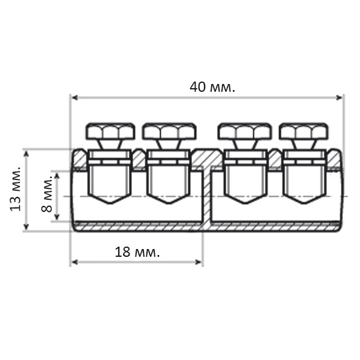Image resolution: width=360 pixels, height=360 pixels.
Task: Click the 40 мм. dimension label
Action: [x=212, y=87]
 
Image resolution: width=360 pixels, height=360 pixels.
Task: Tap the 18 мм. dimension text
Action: [x=137, y=252]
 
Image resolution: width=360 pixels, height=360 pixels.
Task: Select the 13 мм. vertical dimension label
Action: [x=16, y=189]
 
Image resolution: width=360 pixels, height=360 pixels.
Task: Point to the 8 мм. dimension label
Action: [x=47, y=194]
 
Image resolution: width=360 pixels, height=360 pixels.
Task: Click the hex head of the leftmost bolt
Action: [x=110, y=131]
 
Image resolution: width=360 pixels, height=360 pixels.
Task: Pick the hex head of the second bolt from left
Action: [x=169, y=131]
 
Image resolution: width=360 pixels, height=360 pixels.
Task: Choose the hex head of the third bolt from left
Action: [x=245, y=131]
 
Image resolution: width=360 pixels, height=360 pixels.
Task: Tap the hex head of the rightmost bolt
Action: [x=304, y=131]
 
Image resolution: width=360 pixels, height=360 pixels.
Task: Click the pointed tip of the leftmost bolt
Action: [x=110, y=203]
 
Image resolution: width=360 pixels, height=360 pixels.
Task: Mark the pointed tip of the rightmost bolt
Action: [x=304, y=203]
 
